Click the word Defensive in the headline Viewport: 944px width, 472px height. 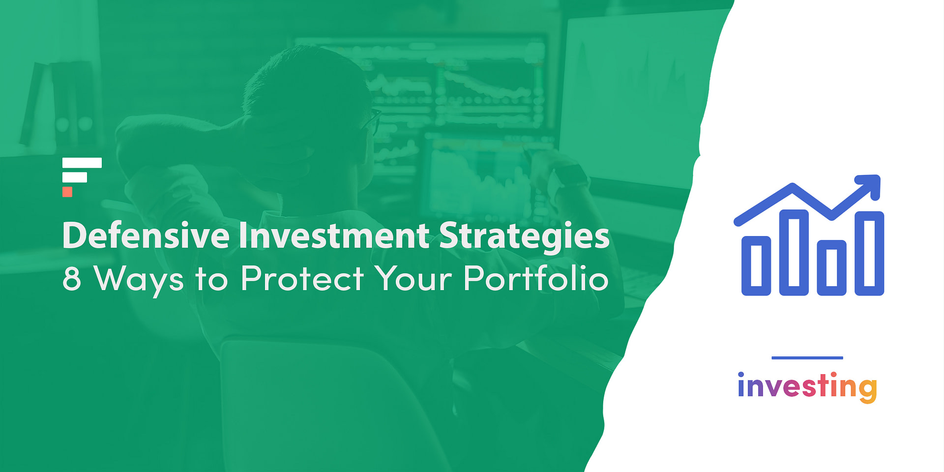tap(146, 236)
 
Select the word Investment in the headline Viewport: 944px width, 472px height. tap(334, 236)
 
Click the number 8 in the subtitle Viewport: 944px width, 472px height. tap(72, 279)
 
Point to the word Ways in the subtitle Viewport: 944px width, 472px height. tap(139, 280)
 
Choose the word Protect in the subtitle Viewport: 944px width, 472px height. tap(302, 279)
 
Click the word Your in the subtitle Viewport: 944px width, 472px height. tap(413, 279)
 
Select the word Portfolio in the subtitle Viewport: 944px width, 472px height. tap(536, 279)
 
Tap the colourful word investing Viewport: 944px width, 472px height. tap(807, 387)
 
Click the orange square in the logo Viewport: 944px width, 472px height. tap(67, 192)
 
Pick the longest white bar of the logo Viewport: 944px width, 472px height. tap(82, 163)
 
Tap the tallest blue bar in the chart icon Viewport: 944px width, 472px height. tap(869, 253)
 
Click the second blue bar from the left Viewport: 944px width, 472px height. tap(794, 252)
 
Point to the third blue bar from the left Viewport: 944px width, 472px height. tap(831, 267)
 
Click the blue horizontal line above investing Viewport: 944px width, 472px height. tap(807, 358)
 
